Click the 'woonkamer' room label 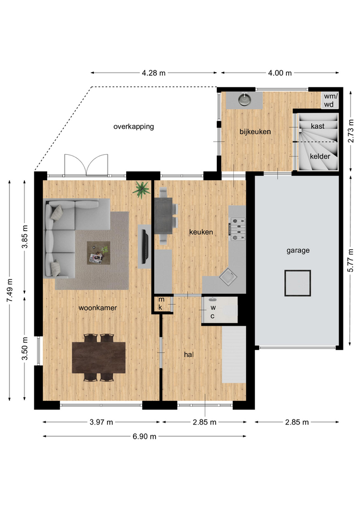point(98,308)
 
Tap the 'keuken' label point(201,232)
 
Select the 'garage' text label point(298,251)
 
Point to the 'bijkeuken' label point(255,131)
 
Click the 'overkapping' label point(134,127)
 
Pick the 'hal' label point(189,355)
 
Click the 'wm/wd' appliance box point(331,100)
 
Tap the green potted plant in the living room point(141,189)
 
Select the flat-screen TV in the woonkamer point(145,247)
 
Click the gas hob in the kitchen point(238,229)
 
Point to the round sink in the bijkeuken point(244,100)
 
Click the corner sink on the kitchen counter point(228,277)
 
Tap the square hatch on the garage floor point(297,283)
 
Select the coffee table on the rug point(99,253)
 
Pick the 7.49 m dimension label point(10,290)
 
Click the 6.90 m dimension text point(144,436)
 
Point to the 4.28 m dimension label point(154,73)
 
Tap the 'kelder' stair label point(320,156)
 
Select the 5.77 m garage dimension point(350,261)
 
